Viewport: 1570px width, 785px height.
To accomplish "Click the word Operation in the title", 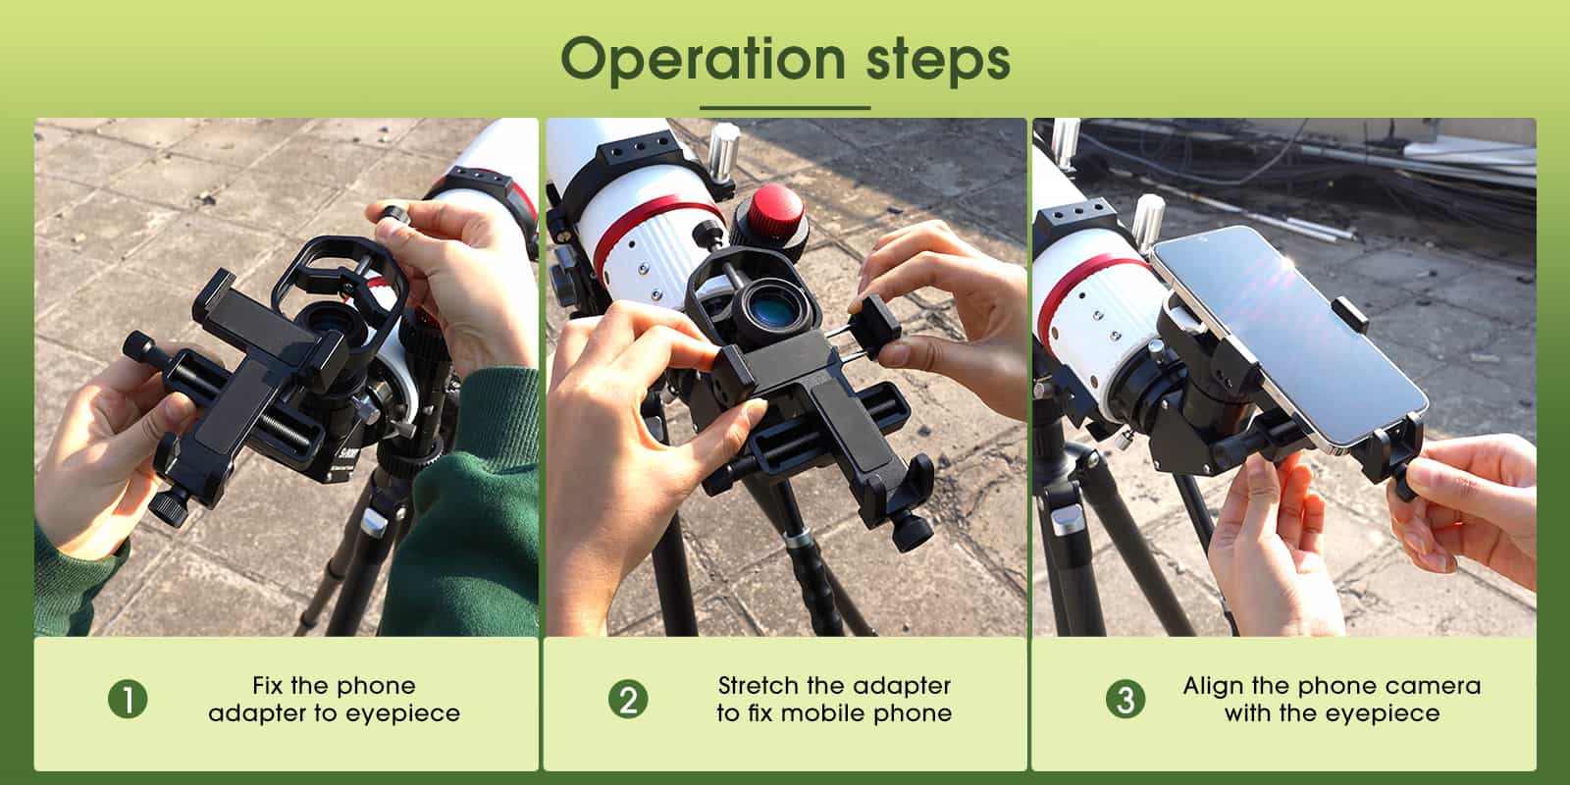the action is (703, 60).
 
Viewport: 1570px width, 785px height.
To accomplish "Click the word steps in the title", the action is (938, 62).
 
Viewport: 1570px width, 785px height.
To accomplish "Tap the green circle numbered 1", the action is (128, 700).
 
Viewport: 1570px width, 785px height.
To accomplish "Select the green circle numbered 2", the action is (628, 700).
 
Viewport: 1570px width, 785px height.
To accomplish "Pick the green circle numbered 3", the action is (1125, 700).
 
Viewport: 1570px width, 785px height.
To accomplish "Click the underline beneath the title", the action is (785, 108).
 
